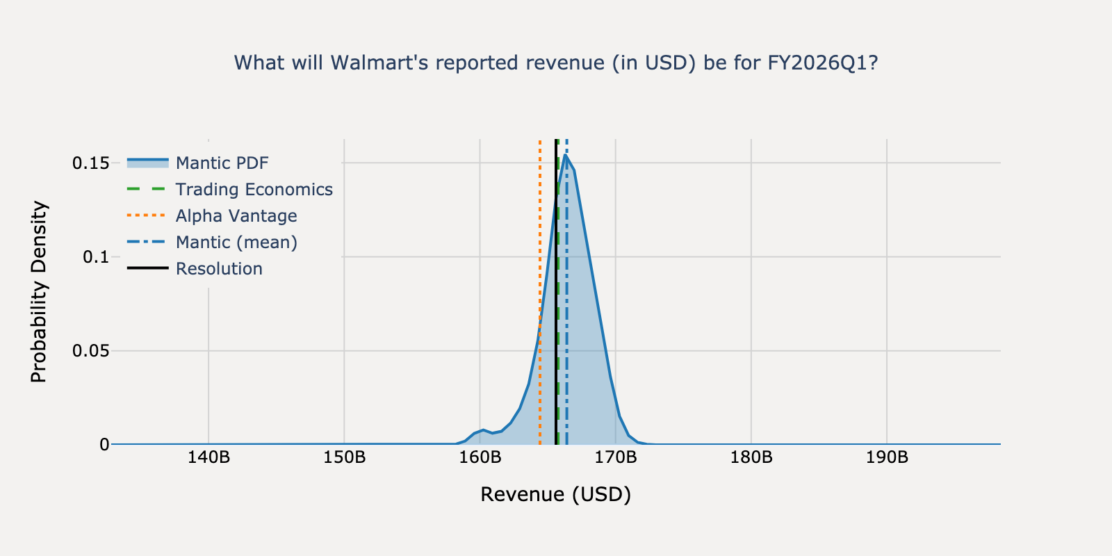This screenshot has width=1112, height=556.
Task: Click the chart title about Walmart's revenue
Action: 556,63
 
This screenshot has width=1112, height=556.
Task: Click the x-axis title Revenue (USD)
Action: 556,495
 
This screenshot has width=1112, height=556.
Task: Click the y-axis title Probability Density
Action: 39,292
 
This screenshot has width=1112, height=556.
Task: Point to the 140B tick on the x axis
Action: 208,458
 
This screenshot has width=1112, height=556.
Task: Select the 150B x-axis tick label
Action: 344,458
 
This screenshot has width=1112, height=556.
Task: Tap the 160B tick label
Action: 480,458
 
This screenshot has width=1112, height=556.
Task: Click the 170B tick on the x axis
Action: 616,458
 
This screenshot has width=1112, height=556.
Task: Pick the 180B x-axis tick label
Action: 751,458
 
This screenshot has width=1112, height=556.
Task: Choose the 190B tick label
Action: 887,458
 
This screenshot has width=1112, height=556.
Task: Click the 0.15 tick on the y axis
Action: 90,163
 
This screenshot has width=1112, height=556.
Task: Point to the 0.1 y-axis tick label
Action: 96,257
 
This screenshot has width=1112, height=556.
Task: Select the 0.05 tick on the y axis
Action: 90,351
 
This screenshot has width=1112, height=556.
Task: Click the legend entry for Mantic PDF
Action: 222,163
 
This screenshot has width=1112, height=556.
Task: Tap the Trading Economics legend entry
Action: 254,190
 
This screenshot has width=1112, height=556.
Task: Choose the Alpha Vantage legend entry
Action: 236,216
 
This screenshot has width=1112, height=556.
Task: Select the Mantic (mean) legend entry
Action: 236,243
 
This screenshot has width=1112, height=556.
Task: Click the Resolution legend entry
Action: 219,269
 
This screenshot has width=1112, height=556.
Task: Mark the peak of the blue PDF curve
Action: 566,155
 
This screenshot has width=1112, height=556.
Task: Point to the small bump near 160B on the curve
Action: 483,430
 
